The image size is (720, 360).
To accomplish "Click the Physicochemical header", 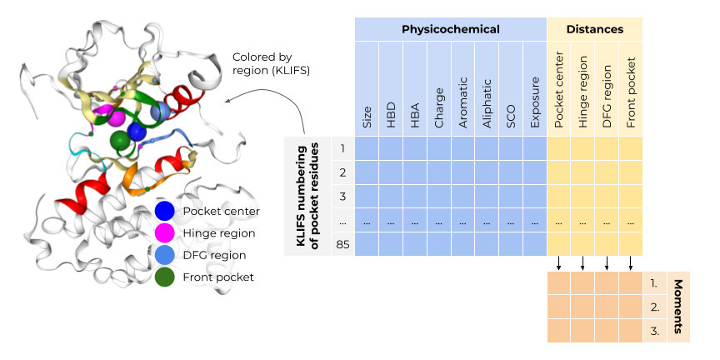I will tap(450, 29).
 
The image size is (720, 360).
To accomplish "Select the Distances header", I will tap(594, 29).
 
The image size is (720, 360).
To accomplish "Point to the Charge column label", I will tap(438, 108).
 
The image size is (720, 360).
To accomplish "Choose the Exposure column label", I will tap(535, 105).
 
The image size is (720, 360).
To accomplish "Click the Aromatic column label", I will tap(462, 102).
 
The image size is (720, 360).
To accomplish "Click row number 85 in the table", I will tap(342, 245).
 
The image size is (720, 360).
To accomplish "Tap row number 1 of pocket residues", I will tap(342, 149).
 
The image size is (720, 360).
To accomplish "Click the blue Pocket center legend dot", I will tap(165, 212).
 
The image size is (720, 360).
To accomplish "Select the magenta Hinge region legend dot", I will tap(165, 233).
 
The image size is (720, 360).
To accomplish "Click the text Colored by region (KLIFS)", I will tap(271, 64).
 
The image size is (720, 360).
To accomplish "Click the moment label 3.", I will tap(654, 331).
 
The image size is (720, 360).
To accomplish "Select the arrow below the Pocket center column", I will tap(559, 263).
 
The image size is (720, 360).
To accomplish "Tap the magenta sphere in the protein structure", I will tap(117, 117).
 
